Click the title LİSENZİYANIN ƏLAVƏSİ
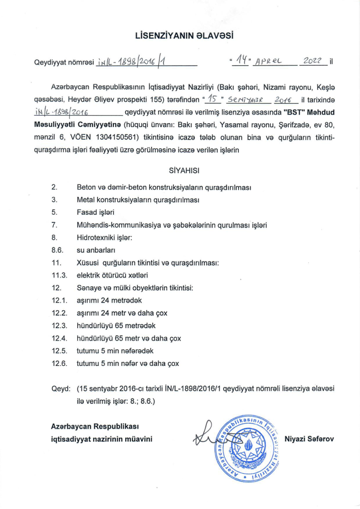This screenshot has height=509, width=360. click(x=184, y=36)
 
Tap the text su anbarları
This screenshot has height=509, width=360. click(x=97, y=250)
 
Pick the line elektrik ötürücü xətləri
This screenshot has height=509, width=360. click(x=112, y=275)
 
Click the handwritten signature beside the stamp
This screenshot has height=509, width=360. click(x=206, y=436)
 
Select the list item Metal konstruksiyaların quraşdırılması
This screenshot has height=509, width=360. click(x=138, y=200)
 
